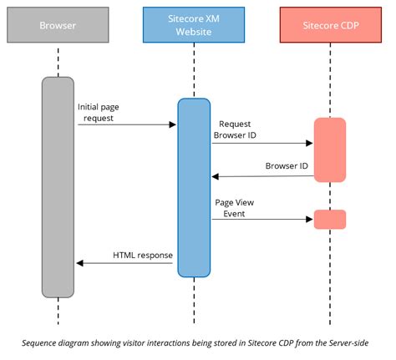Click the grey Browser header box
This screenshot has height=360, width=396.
(x=58, y=26)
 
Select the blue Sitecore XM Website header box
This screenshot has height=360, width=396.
(x=193, y=26)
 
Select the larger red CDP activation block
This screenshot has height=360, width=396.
(x=329, y=149)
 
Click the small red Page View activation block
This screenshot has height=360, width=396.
(x=329, y=219)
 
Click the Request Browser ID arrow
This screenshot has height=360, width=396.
(x=261, y=143)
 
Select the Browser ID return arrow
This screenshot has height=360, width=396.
(x=261, y=176)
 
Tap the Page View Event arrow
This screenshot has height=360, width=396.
(x=261, y=220)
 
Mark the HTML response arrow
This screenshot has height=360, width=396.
(x=125, y=263)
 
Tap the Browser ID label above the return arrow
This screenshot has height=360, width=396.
(x=287, y=165)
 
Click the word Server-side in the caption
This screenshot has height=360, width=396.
(x=342, y=342)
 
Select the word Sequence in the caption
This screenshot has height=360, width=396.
(x=43, y=342)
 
